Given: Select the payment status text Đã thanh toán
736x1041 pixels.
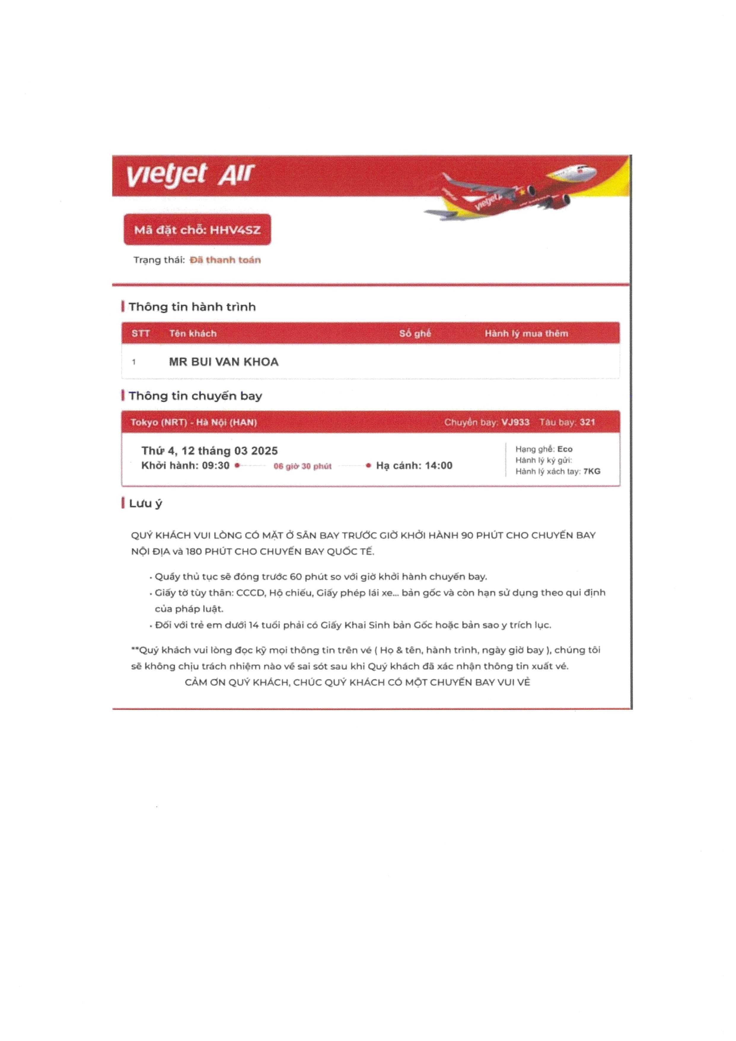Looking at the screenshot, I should [x=225, y=260].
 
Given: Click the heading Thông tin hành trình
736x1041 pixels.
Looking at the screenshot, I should [x=192, y=307].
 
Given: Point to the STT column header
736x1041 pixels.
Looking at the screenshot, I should [x=141, y=334].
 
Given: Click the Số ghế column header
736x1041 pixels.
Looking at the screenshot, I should [x=415, y=334].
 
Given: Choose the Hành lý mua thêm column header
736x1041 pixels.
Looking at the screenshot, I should [x=526, y=334].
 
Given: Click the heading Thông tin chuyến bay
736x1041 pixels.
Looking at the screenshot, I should [x=195, y=396].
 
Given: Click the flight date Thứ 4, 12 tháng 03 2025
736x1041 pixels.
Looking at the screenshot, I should [x=209, y=451].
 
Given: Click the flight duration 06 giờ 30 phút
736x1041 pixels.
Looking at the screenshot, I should [x=302, y=466].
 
